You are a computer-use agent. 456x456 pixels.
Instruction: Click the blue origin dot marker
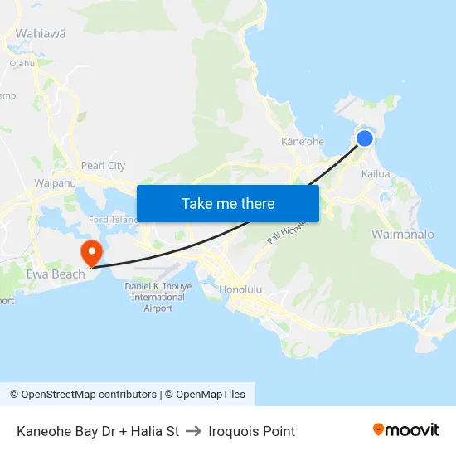pyautogui.click(x=365, y=138)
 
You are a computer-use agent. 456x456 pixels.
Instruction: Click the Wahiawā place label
pyautogui.click(x=41, y=34)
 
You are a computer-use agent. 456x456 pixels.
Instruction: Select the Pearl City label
pyautogui.click(x=104, y=165)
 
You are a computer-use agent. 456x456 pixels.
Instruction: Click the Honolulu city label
pyautogui.click(x=240, y=290)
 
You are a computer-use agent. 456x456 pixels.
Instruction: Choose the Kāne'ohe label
pyautogui.click(x=303, y=142)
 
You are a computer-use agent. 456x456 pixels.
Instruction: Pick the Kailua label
pyautogui.click(x=376, y=174)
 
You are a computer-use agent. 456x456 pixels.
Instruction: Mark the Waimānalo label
pyautogui.click(x=403, y=235)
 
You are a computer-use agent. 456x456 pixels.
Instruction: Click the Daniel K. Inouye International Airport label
pyautogui.click(x=158, y=297)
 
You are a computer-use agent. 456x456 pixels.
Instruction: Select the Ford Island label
pyautogui.click(x=113, y=220)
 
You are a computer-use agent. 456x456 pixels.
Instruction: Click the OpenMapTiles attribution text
pyautogui.click(x=211, y=395)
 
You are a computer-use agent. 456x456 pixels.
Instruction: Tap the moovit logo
pyautogui.click(x=405, y=429)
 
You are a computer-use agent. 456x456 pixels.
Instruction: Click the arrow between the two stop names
pyautogui.click(x=194, y=431)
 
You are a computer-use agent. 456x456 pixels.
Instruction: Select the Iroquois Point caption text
pyautogui.click(x=252, y=431)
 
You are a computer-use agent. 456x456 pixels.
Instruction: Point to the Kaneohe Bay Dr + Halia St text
pyautogui.click(x=98, y=431)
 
